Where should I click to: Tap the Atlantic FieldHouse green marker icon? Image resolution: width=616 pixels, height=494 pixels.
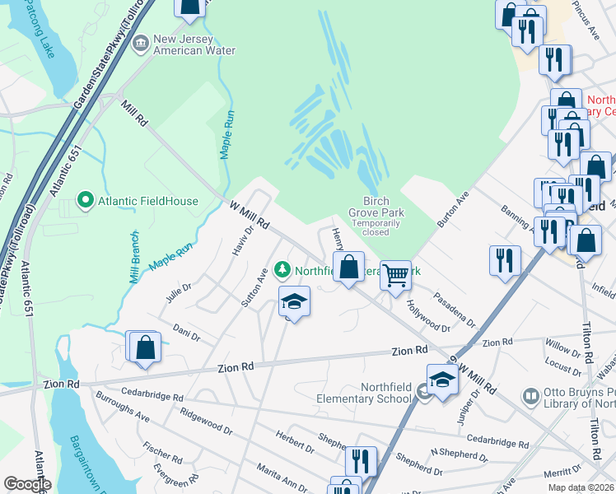83,199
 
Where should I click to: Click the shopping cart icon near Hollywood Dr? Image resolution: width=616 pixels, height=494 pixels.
395,274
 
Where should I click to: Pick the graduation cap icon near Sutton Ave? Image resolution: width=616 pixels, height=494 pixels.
294,302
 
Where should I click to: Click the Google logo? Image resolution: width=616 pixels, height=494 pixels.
27,484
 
